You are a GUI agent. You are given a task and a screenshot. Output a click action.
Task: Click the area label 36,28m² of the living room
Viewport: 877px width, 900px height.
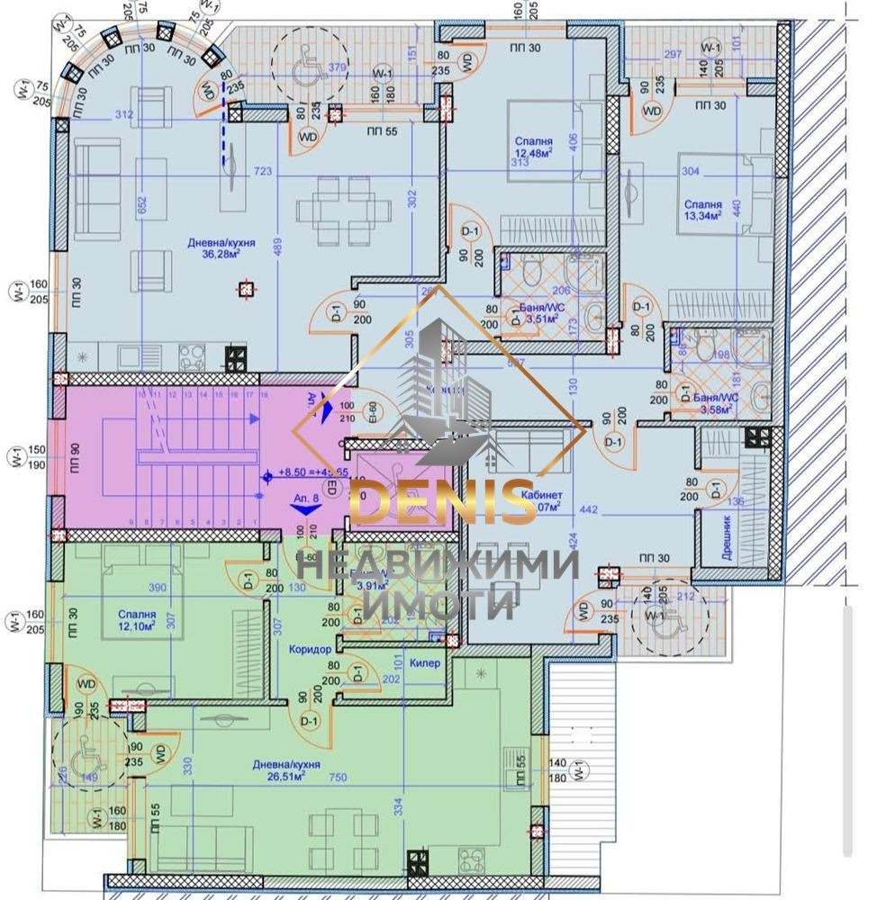(220, 254)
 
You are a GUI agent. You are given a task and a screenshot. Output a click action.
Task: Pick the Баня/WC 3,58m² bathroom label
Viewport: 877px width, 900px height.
(707, 402)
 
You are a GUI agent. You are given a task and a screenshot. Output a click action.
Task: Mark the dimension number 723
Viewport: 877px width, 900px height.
(266, 169)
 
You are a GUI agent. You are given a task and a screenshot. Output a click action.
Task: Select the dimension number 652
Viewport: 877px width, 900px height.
(141, 203)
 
